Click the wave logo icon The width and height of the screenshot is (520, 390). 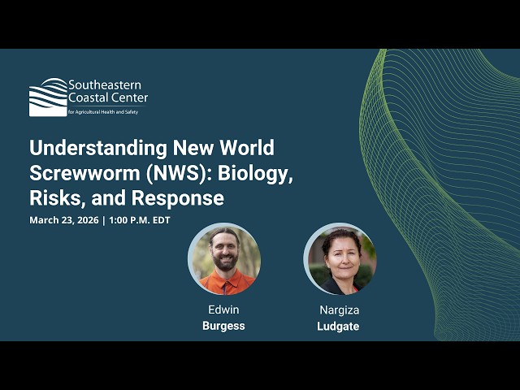tap(48, 97)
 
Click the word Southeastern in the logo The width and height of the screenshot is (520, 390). tap(104, 84)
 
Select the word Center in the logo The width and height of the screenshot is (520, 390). tap(130, 98)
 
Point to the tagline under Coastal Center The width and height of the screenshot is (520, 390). tap(102, 111)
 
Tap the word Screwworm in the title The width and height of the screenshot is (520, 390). tap(78, 173)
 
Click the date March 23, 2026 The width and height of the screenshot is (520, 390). tap(63, 220)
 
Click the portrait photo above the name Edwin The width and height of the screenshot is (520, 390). tap(223, 259)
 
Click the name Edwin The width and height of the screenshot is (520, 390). tap(223, 310)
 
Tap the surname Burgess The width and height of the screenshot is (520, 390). tap(223, 326)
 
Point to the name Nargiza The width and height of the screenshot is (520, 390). tap(339, 310)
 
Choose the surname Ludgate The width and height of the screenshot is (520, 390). tap(339, 326)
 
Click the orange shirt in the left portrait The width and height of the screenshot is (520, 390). tap(226, 284)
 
